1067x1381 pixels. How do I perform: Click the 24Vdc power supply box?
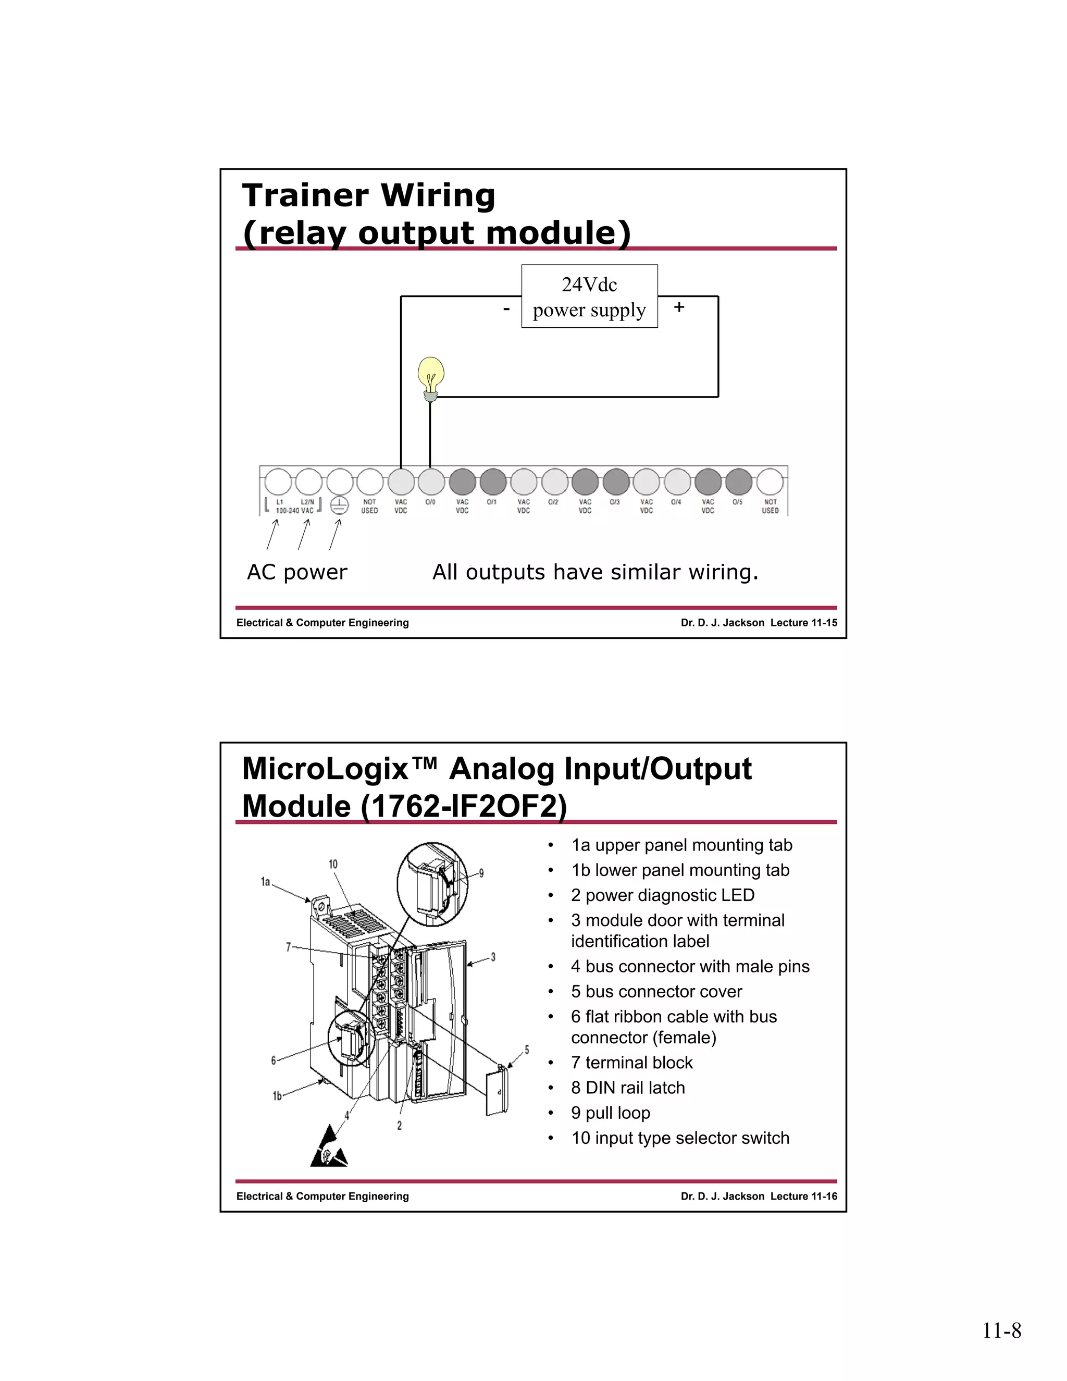589,297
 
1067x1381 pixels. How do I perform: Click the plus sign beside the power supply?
679,307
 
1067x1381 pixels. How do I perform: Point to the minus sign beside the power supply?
506,309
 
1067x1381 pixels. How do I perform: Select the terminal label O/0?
430,502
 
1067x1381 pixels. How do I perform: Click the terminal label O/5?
738,502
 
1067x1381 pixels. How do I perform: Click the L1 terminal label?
279,502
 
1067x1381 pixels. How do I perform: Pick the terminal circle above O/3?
616,482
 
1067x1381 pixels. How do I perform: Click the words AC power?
297,572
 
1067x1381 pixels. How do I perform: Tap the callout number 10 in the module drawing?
333,864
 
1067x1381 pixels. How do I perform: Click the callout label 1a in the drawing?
266,881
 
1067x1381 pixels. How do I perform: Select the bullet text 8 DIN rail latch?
628,1088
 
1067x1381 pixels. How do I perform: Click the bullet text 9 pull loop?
611,1113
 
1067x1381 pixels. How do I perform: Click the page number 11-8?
1001,1331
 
